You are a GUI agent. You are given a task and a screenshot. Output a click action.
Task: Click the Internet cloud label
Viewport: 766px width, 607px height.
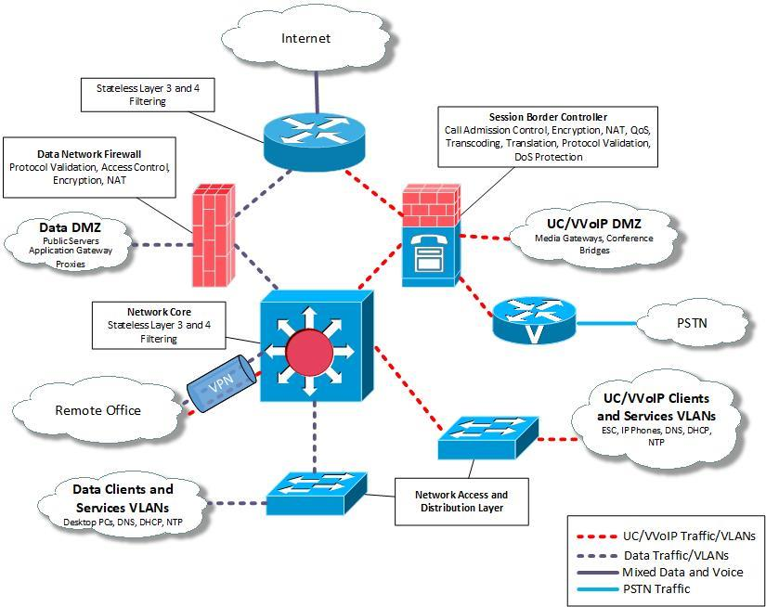[305, 38]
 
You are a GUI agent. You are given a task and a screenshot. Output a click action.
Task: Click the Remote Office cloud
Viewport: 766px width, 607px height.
[97, 409]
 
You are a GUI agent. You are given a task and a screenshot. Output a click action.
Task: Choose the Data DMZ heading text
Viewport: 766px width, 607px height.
[69, 227]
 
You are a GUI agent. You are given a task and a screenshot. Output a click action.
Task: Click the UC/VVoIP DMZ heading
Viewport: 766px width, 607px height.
[594, 223]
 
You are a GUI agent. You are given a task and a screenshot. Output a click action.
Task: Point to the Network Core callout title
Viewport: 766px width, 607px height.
[159, 312]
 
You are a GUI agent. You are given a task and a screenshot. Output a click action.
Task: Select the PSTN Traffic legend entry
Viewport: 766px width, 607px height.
[656, 588]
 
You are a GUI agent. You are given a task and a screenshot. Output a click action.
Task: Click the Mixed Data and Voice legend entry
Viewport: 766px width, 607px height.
[682, 571]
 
